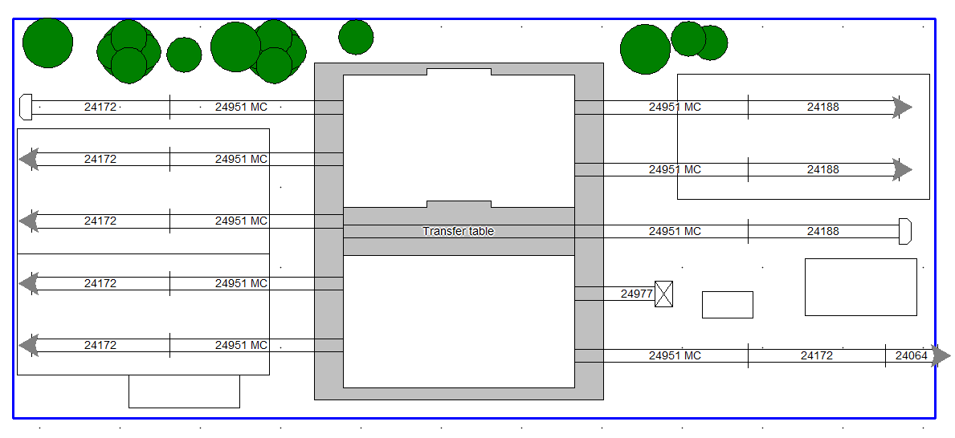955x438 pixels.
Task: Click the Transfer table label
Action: (x=458, y=231)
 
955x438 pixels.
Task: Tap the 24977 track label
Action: (x=637, y=294)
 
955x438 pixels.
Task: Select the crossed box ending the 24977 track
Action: (x=663, y=294)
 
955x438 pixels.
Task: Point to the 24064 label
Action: (x=911, y=355)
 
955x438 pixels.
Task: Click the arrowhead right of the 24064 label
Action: (x=941, y=355)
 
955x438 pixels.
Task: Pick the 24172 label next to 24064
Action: (x=816, y=355)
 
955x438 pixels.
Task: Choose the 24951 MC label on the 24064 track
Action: (x=675, y=355)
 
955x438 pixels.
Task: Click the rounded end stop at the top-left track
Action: (x=25, y=106)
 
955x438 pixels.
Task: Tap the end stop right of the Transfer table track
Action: (x=904, y=231)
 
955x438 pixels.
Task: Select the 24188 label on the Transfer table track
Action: (x=822, y=231)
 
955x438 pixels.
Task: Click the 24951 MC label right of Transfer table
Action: (x=675, y=231)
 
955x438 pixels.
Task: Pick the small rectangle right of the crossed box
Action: (x=727, y=305)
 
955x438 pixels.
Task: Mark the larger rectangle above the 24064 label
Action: (x=860, y=286)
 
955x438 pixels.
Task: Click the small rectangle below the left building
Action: (x=184, y=391)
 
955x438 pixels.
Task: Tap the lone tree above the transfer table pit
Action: (x=356, y=37)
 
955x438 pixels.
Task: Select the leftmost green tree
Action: (x=47, y=43)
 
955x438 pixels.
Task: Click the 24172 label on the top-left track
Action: (x=100, y=107)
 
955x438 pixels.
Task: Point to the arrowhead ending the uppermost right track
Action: (x=903, y=107)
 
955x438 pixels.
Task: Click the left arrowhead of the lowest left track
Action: (x=29, y=346)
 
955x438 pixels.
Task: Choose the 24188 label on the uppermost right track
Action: (x=822, y=107)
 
